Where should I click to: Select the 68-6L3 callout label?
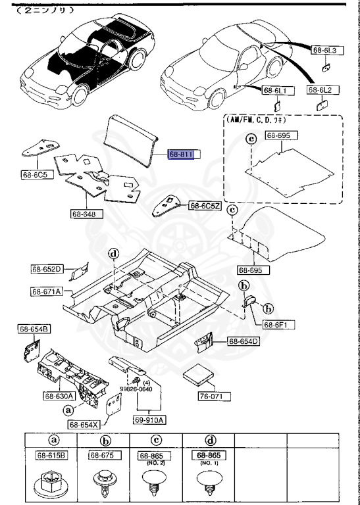[324, 50]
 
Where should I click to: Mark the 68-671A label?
[47, 291]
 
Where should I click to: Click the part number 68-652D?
[46, 268]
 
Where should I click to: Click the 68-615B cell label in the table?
[49, 455]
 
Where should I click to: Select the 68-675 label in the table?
[103, 455]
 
